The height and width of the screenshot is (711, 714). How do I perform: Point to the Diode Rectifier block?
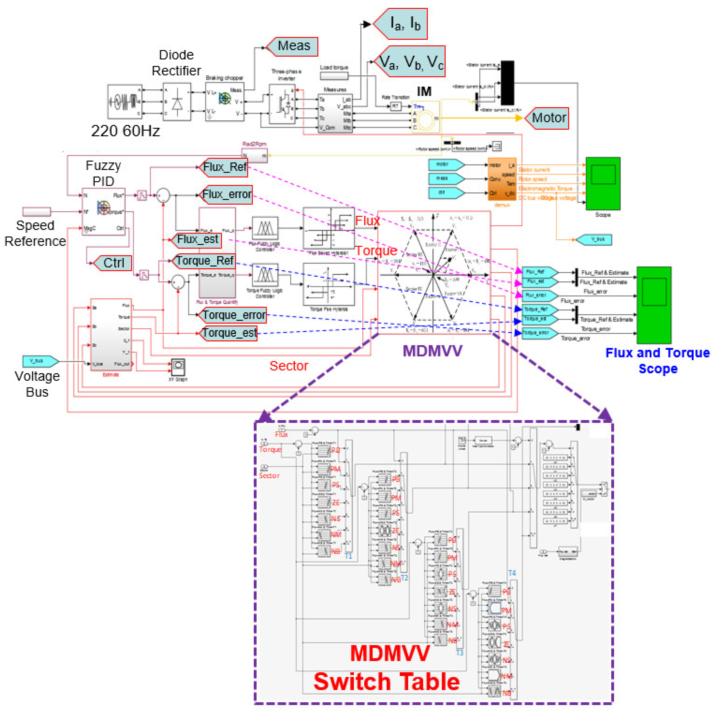[x=177, y=102]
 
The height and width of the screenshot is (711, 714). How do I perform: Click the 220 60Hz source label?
[x=126, y=131]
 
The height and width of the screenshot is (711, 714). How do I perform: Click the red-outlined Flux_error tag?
[x=227, y=194]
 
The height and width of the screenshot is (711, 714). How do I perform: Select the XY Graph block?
[x=178, y=367]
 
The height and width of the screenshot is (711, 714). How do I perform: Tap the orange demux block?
[x=502, y=179]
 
